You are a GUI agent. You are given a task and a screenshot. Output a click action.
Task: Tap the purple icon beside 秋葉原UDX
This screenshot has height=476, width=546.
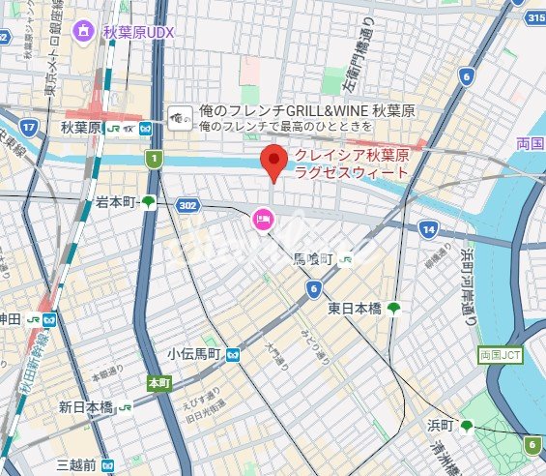point(85,31)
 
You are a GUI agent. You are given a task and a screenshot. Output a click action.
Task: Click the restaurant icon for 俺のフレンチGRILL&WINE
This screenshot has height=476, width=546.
point(180,118)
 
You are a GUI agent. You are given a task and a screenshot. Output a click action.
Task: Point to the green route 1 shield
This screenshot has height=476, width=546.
point(151,157)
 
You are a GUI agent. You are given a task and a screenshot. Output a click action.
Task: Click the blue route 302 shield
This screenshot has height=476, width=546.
point(187,205)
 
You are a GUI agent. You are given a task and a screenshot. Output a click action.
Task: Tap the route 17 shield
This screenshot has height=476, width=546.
point(28,127)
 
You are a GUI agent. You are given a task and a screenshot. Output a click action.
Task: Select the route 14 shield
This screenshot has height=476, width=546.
point(428,229)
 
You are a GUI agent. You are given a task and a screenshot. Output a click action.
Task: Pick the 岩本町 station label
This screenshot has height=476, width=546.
point(114,202)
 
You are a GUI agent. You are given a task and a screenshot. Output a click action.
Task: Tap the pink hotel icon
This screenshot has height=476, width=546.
point(262,221)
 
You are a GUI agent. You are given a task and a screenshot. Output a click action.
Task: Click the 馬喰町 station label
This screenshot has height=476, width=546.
point(313,259)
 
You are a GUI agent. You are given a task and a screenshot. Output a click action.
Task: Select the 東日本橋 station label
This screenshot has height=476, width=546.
point(354,309)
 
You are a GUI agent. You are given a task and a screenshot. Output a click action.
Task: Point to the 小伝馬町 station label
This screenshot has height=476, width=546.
point(196,355)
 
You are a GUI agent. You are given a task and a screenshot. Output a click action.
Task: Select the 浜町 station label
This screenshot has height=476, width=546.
point(442,426)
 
